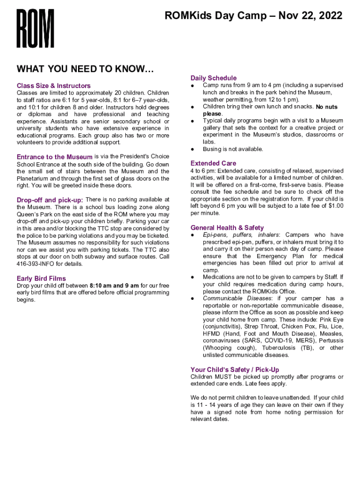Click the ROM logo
pyautogui.click(x=36, y=29)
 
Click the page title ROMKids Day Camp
pyautogui.click(x=253, y=16)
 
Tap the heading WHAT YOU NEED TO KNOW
pyautogui.click(x=85, y=69)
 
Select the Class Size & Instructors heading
pyautogui.click(x=54, y=86)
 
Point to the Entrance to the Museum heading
pyautogui.click(x=55, y=157)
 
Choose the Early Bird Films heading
pyautogui.click(x=41, y=279)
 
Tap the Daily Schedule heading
pyautogui.click(x=214, y=78)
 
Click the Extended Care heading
pyautogui.click(x=213, y=163)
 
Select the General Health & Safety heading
pyautogui.click(x=227, y=228)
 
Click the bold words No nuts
pyautogui.click(x=326, y=107)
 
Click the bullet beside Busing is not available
pyautogui.click(x=193, y=149)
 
